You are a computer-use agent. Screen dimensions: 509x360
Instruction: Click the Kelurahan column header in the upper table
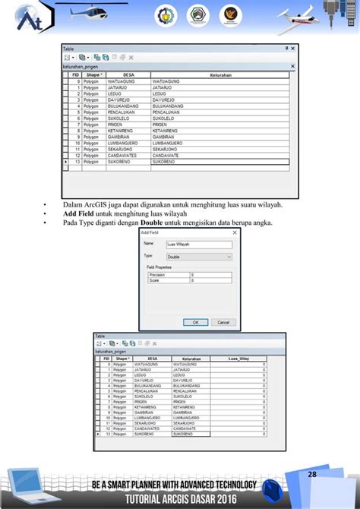220,75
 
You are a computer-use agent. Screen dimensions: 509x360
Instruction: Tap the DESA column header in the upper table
128,75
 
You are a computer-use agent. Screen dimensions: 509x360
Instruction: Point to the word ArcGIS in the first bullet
94,204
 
